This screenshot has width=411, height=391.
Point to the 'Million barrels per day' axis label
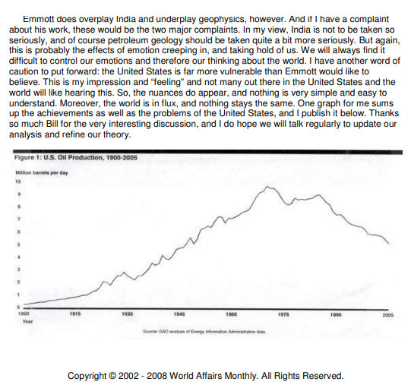click(42, 172)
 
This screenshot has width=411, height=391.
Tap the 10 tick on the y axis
click(17, 181)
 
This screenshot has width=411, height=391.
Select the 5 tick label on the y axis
click(18, 244)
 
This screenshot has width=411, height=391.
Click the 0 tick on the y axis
click(18, 307)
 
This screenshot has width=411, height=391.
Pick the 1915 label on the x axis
click(75, 314)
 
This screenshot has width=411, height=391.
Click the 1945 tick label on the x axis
click(179, 314)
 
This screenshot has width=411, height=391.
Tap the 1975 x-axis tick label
click(283, 314)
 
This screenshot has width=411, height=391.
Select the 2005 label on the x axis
click(388, 315)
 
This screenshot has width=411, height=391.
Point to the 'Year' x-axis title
click(28, 321)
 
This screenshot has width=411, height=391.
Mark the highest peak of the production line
click(267, 187)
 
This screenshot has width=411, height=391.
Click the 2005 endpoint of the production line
click(388, 243)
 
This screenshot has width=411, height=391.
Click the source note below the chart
click(204, 332)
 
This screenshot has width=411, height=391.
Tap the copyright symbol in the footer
click(112, 376)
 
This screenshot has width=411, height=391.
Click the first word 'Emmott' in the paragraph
click(39, 19)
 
